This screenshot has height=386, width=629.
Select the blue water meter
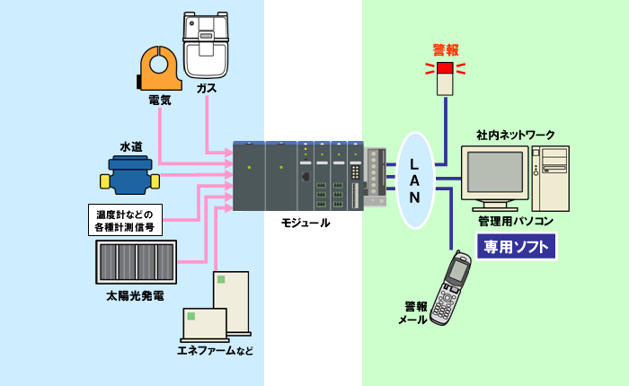tap(129, 175)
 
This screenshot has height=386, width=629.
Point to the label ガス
tap(208, 88)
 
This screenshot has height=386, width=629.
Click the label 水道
tap(130, 145)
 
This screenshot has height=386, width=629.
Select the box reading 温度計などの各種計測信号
tap(125, 220)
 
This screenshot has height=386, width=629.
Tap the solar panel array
tap(136, 262)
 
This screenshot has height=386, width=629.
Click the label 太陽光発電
tap(135, 294)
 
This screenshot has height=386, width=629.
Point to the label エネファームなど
tap(216, 350)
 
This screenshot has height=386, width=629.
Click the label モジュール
tap(305, 222)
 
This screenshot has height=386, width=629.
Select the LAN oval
tap(414, 180)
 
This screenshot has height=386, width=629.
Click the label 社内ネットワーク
tap(516, 135)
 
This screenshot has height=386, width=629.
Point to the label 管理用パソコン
tap(516, 220)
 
